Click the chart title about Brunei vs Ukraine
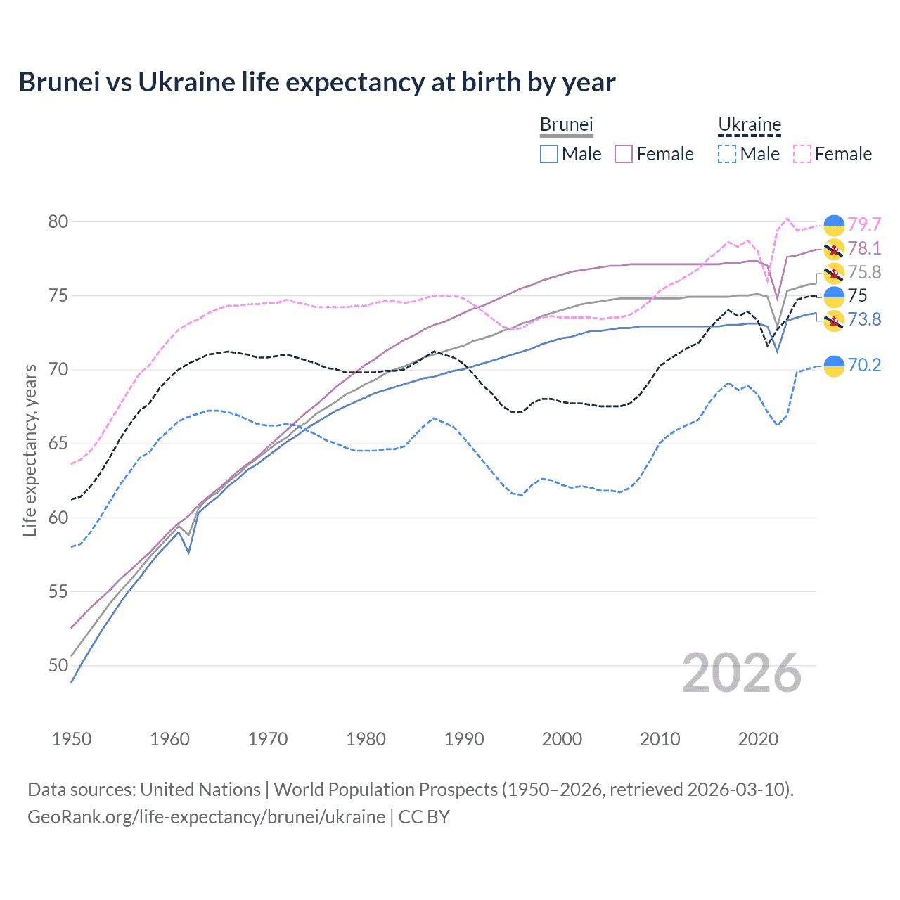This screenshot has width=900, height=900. [316, 82]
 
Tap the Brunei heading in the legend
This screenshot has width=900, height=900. [566, 124]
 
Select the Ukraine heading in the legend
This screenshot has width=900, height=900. [750, 124]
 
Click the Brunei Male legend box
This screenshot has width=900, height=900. [549, 154]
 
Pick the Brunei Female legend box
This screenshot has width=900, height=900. [624, 154]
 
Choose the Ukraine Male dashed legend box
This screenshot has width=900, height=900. [727, 154]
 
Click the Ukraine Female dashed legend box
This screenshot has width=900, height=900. [802, 154]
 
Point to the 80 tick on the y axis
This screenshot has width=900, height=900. [58, 221]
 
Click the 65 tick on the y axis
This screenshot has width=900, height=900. [58, 443]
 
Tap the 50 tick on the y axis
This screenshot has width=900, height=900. [58, 665]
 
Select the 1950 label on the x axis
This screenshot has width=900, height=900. [72, 739]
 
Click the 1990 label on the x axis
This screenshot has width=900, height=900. [464, 739]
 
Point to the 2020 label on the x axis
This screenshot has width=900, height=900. [758, 739]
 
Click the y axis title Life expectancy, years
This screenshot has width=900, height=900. [30, 450]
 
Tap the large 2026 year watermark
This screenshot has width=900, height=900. [741, 673]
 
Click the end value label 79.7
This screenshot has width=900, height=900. [864, 224]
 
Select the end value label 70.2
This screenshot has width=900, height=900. [864, 365]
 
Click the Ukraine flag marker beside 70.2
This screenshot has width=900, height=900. [834, 366]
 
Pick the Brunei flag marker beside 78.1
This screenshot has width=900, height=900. [834, 249]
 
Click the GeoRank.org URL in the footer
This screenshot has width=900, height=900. [206, 817]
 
